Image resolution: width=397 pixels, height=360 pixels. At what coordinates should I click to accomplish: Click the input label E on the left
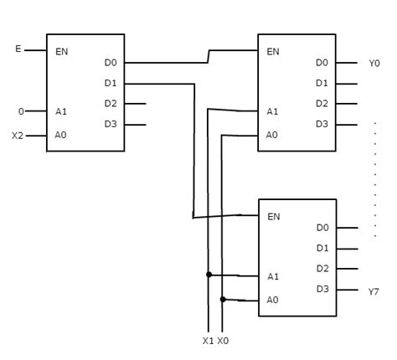point(18,49)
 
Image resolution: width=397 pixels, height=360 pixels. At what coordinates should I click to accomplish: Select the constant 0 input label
point(21,111)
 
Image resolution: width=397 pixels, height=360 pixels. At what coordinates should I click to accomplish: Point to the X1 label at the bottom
point(208,341)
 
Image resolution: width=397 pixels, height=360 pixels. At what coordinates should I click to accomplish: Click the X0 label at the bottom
point(224,341)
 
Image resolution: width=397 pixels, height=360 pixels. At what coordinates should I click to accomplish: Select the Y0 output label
point(374,63)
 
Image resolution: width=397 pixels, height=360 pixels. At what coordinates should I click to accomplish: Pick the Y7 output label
point(374,291)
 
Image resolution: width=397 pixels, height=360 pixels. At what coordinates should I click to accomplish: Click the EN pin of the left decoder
point(62,52)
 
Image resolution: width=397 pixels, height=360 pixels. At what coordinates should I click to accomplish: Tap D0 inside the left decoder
point(111,63)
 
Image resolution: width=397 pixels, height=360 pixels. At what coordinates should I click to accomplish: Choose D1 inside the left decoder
point(111,83)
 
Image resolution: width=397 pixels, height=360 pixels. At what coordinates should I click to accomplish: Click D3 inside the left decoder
point(111,124)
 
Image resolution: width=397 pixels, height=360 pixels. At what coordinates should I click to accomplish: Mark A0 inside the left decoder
point(61,134)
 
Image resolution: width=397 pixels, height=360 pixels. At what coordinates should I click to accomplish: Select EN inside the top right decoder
point(273,52)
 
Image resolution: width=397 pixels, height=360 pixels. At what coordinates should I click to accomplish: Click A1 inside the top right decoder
point(272,111)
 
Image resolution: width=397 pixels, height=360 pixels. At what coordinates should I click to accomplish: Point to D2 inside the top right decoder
point(322,104)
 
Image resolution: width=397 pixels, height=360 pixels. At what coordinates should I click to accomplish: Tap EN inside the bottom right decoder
point(273,217)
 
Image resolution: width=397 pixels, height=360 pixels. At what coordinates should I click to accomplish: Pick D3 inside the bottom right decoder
point(322,289)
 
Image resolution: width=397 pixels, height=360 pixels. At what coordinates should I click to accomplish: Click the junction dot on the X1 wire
point(208,275)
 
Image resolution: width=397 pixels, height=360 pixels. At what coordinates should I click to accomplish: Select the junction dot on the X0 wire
point(223,299)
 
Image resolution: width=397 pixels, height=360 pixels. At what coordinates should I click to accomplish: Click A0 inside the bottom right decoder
point(272,300)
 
